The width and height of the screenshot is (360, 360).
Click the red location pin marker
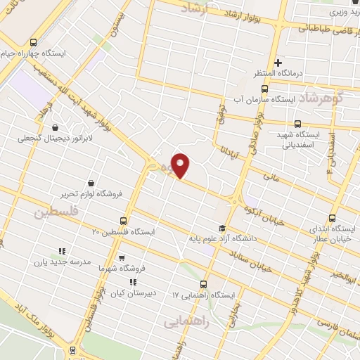click(x=181, y=165)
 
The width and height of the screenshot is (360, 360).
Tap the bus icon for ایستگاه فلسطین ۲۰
click(x=124, y=220)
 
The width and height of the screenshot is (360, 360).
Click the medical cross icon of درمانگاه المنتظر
click(x=278, y=63)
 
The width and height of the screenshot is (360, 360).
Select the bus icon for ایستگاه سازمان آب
click(x=264, y=89)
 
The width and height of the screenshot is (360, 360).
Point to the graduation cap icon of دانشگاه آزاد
click(x=223, y=228)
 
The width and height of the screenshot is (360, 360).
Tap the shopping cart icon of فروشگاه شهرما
click(x=122, y=258)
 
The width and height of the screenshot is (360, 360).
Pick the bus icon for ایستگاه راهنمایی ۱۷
click(x=203, y=284)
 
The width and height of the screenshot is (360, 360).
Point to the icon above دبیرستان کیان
click(x=134, y=282)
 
